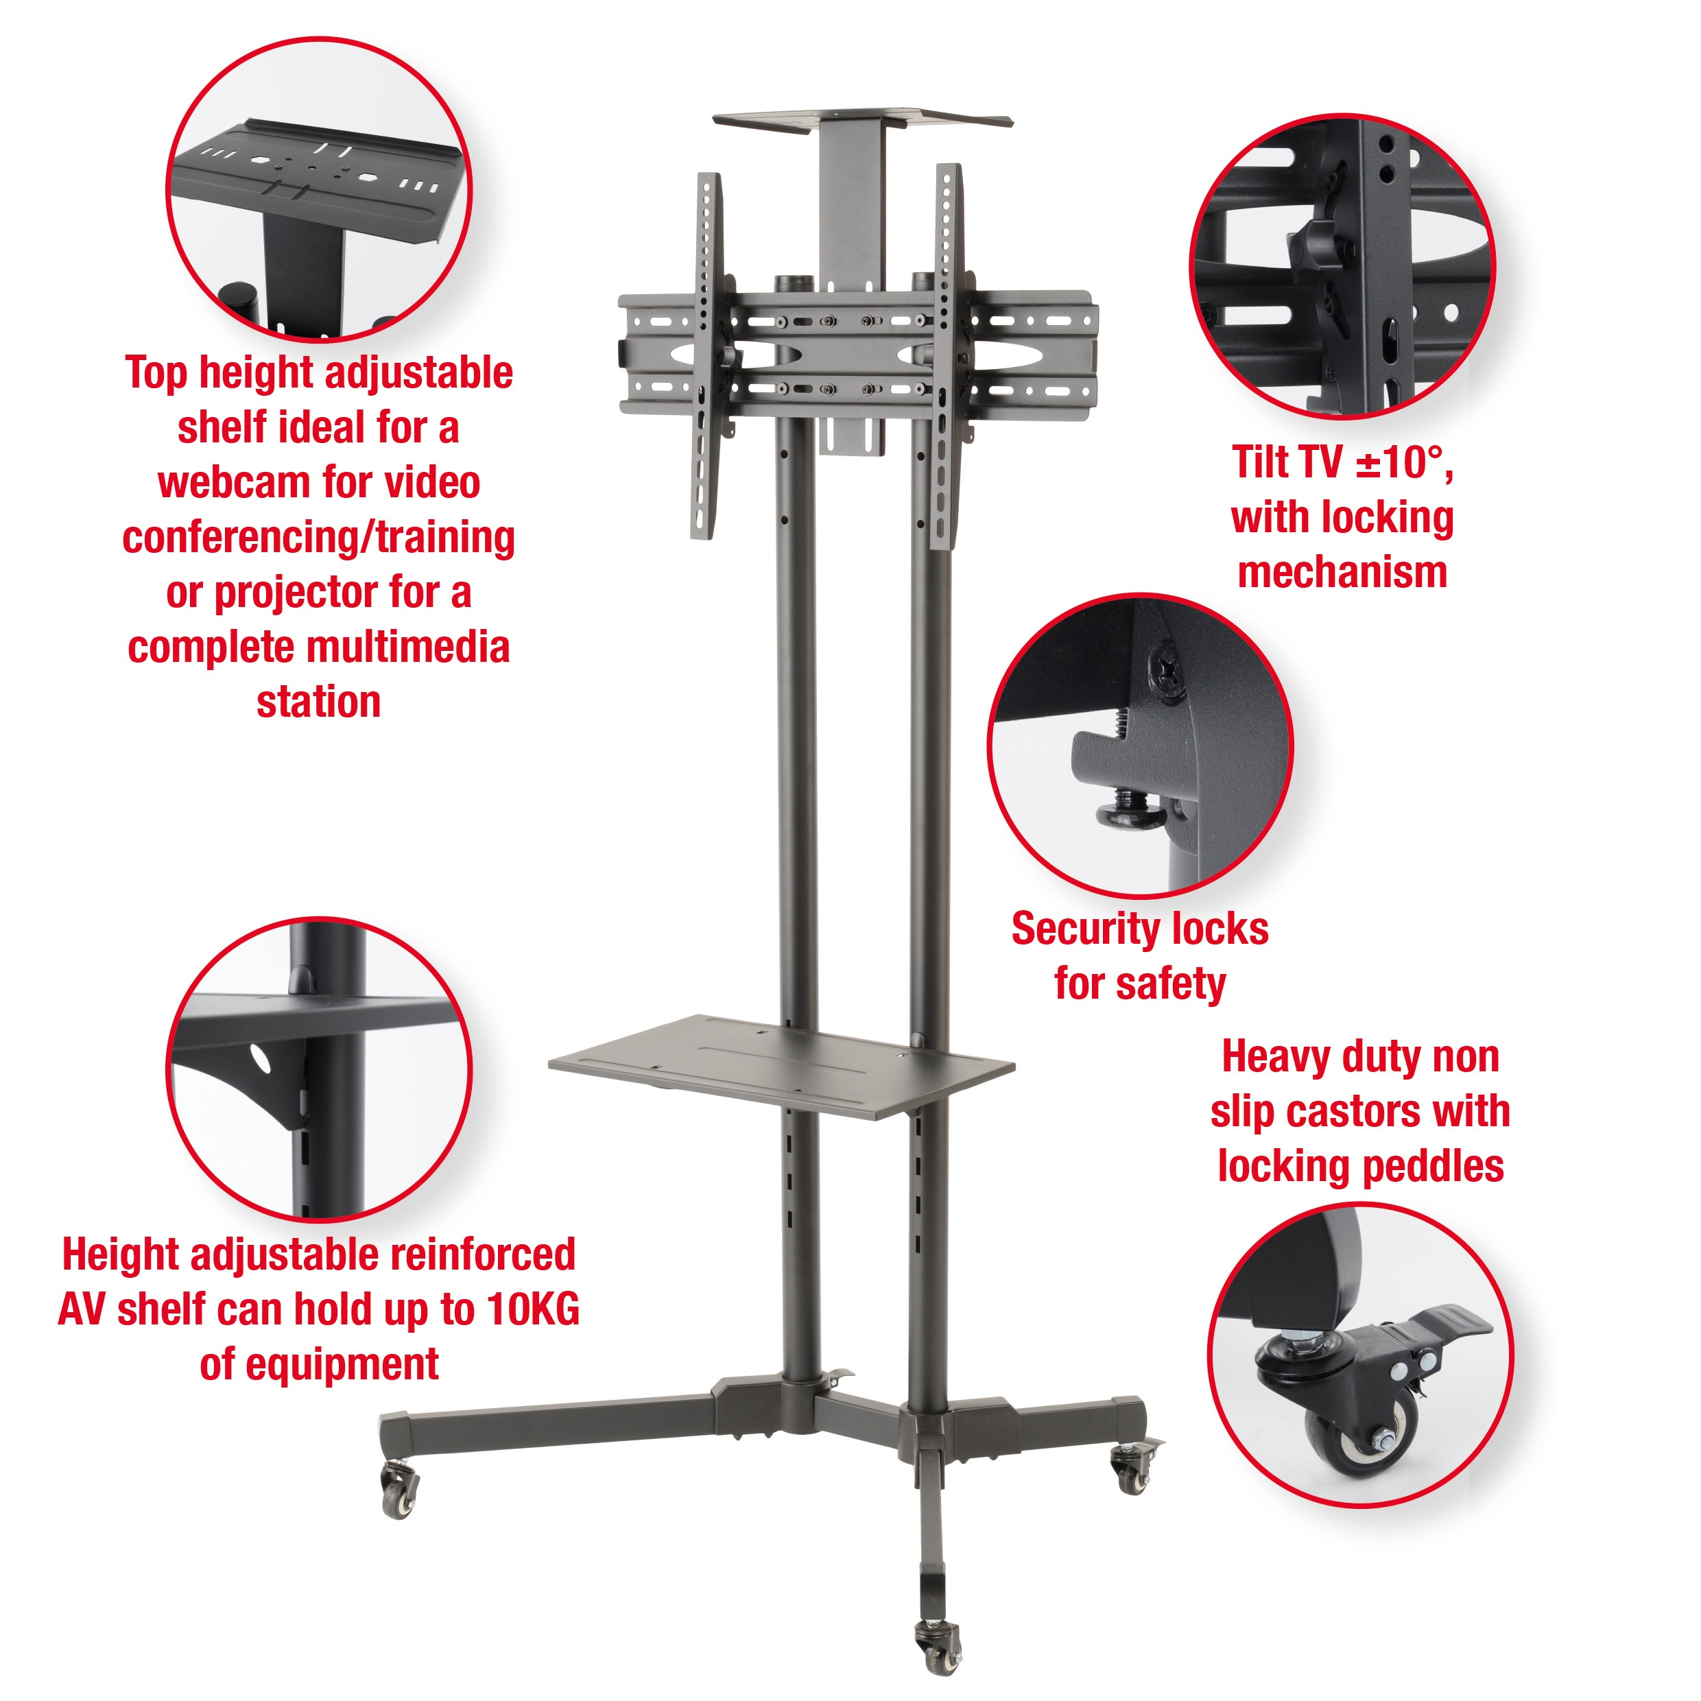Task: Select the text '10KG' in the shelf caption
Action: click(534, 1309)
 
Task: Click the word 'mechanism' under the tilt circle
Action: click(1342, 572)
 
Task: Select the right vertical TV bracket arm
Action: click(947, 352)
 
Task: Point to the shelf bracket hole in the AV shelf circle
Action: click(261, 1058)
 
